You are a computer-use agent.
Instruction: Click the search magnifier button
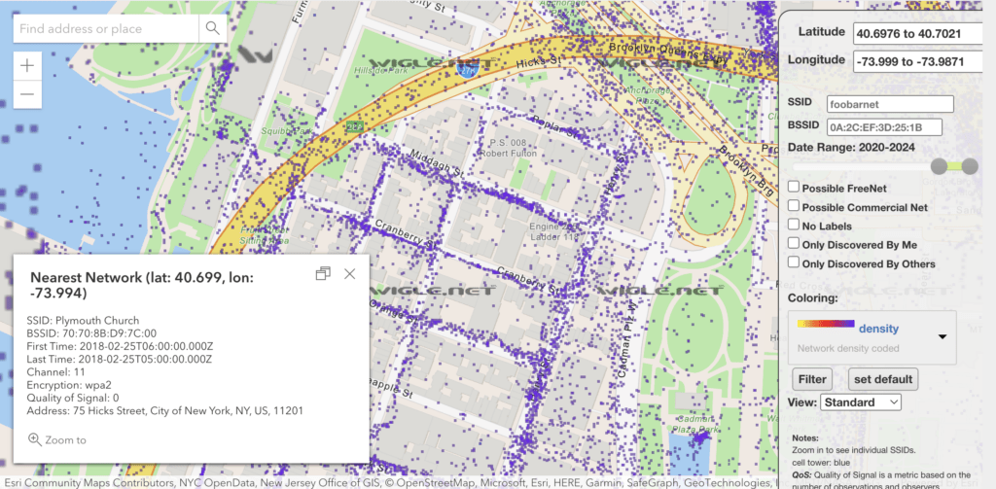[x=212, y=29]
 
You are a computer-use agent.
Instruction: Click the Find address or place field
[x=106, y=29]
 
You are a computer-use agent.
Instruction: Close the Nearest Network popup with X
[x=350, y=274]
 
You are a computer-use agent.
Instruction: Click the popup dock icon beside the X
[x=323, y=274]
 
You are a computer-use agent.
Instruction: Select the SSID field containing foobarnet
[x=889, y=104]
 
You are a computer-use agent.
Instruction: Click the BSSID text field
[x=889, y=127]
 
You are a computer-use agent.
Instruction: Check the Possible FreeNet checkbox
[x=794, y=188]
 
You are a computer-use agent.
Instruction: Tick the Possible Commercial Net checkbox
[x=794, y=206]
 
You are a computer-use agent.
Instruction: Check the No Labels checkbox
[x=794, y=226]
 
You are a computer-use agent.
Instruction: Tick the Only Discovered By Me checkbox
[x=794, y=244]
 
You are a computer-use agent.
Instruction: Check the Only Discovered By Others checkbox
[x=794, y=262]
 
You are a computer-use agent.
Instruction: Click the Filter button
[x=810, y=378]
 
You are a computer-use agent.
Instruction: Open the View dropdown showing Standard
[x=861, y=402]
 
